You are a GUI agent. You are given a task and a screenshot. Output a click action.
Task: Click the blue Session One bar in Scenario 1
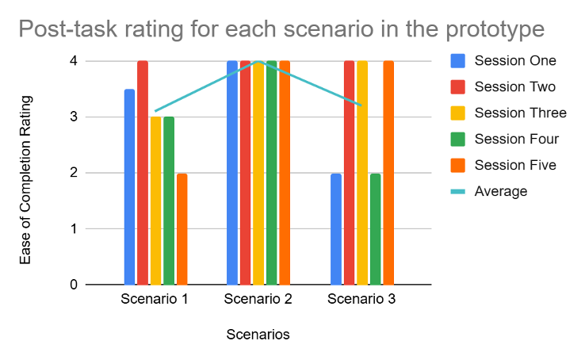click(x=129, y=187)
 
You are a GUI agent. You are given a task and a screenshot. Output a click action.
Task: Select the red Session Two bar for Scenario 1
click(x=143, y=173)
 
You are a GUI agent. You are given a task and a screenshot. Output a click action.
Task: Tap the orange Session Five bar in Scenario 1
click(x=182, y=229)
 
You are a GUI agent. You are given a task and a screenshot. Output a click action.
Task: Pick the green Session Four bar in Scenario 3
click(x=375, y=229)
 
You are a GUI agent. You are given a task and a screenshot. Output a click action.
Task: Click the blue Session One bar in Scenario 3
click(x=336, y=229)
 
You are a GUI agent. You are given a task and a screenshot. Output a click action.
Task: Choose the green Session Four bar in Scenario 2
click(x=272, y=173)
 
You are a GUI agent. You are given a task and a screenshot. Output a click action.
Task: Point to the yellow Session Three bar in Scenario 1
click(x=155, y=201)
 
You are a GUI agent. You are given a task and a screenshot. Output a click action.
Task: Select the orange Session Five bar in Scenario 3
click(x=388, y=173)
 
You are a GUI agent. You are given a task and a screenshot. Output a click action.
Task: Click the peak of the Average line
click(x=258, y=61)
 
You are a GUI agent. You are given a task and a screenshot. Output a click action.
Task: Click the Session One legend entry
click(x=503, y=61)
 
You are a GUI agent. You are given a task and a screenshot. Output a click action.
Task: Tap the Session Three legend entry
click(x=509, y=113)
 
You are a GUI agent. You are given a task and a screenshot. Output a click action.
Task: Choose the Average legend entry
click(x=489, y=191)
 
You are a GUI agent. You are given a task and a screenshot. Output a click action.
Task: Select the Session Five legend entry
click(x=503, y=165)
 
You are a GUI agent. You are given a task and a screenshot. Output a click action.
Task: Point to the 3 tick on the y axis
click(x=74, y=117)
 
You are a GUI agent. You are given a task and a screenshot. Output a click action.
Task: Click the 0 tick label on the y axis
click(x=74, y=285)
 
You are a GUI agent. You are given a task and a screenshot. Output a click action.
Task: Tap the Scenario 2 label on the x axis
click(x=258, y=299)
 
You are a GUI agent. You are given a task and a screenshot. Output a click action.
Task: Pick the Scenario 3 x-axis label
click(x=361, y=299)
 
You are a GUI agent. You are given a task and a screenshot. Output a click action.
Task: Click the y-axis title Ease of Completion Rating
click(x=25, y=180)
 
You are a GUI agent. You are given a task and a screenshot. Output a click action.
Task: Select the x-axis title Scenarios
click(x=258, y=335)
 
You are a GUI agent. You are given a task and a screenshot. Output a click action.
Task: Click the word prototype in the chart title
click(x=495, y=29)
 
